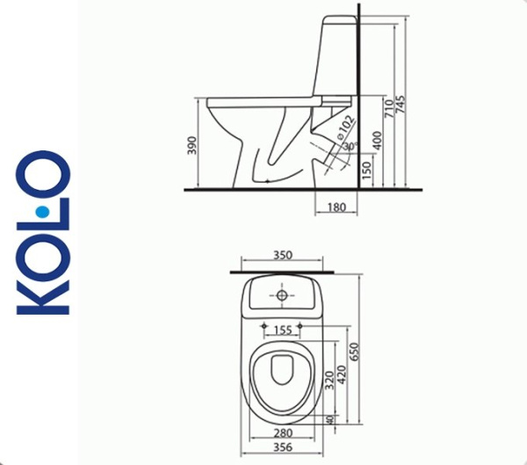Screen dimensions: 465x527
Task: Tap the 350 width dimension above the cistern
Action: click(x=282, y=256)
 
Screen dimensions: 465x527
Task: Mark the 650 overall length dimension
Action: click(x=355, y=352)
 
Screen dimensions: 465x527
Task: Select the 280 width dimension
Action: click(x=282, y=433)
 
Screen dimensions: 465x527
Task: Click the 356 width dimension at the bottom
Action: click(x=282, y=446)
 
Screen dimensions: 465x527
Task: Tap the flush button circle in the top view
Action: click(x=282, y=296)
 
